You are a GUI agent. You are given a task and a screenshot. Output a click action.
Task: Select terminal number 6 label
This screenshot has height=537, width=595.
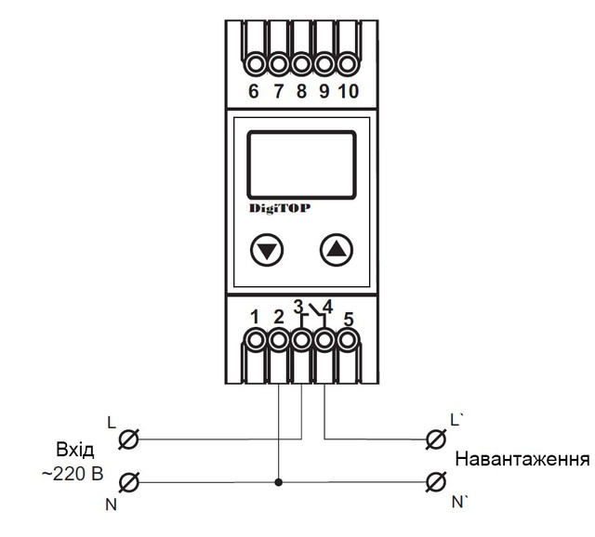254,92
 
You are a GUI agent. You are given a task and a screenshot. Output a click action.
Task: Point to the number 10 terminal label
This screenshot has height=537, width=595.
348,92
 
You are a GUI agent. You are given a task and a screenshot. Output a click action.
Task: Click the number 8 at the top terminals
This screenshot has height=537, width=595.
301,92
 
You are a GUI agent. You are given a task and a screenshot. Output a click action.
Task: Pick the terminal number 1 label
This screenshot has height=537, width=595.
255,317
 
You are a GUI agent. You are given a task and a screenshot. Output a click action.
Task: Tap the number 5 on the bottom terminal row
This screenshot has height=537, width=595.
349,321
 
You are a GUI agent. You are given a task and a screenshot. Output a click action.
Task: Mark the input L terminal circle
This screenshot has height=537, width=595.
131,437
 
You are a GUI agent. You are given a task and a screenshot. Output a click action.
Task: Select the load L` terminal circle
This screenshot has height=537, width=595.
434,437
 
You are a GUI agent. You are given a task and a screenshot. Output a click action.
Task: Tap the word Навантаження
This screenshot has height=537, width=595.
522,460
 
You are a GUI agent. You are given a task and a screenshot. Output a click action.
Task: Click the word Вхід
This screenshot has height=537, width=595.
74,451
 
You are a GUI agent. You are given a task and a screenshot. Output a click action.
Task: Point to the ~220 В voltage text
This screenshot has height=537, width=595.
73,476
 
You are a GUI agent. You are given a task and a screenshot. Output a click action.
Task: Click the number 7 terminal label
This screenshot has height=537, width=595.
278,92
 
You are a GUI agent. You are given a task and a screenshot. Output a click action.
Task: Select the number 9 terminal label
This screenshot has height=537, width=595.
324,92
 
